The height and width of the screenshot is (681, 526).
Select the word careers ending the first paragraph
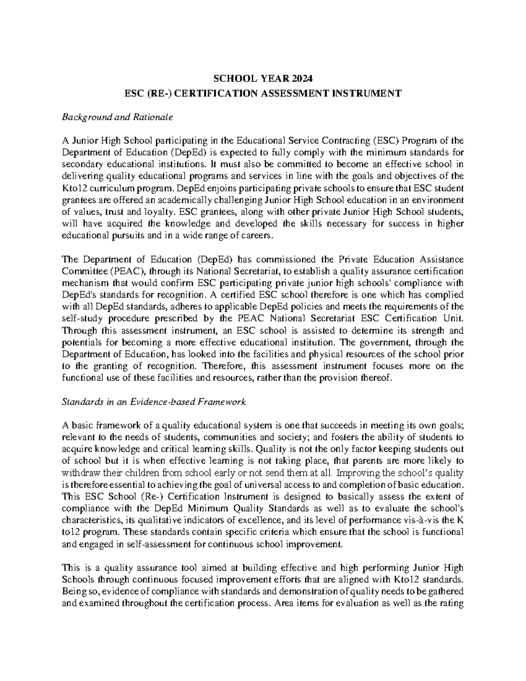pos(258,236)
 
